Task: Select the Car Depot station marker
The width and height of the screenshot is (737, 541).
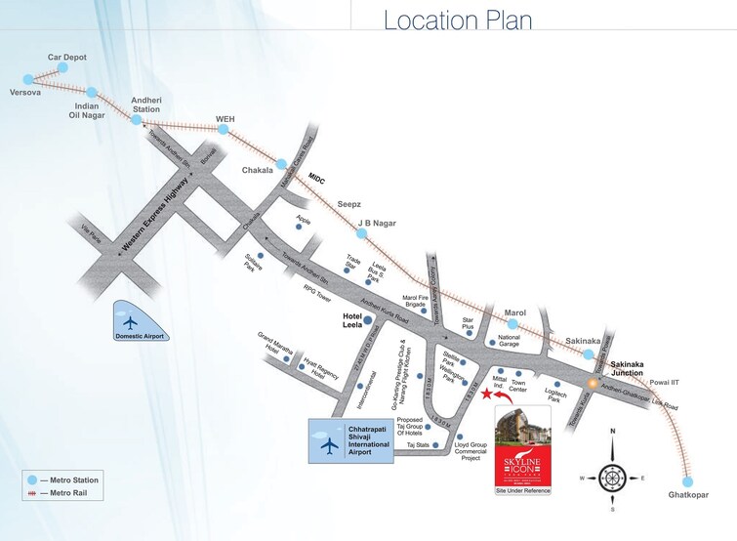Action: (x=62, y=67)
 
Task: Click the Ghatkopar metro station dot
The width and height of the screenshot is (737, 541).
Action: (x=688, y=480)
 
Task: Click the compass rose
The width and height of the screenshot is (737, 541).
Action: (x=612, y=478)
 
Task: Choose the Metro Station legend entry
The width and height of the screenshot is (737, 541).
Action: (x=62, y=480)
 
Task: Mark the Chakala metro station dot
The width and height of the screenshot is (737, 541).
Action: (x=281, y=164)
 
